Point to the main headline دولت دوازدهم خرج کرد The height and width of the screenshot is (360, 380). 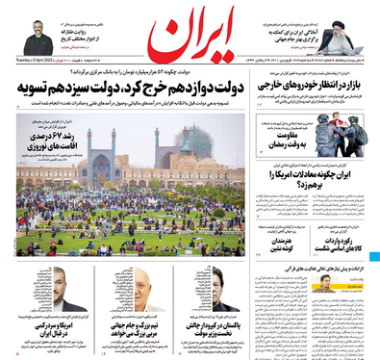(135, 90)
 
